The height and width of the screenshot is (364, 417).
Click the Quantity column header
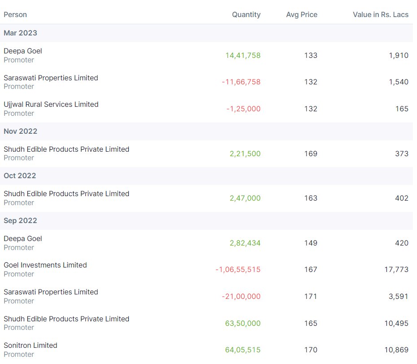pyautogui.click(x=246, y=15)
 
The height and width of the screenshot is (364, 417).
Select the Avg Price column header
pyautogui.click(x=302, y=15)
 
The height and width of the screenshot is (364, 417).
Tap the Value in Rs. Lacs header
pyautogui.click(x=381, y=15)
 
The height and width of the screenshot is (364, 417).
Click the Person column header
pyautogui.click(x=15, y=15)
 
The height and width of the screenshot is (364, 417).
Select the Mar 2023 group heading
pyautogui.click(x=20, y=33)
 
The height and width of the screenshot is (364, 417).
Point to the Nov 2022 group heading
pyautogui.click(x=20, y=132)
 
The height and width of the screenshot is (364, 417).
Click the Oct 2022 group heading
pyautogui.click(x=20, y=176)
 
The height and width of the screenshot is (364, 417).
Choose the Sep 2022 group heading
pyautogui.click(x=20, y=221)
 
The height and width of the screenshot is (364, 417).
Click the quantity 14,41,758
pyautogui.click(x=243, y=56)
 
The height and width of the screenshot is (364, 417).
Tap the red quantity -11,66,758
pyautogui.click(x=241, y=82)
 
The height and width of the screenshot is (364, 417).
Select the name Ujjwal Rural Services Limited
pyautogui.click(x=51, y=105)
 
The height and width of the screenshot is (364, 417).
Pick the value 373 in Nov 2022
pyautogui.click(x=402, y=154)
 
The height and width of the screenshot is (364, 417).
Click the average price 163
pyautogui.click(x=311, y=198)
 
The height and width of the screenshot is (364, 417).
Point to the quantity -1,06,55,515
pyautogui.click(x=238, y=270)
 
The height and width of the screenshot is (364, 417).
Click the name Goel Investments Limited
pyautogui.click(x=45, y=265)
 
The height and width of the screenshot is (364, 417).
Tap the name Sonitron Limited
pyautogui.click(x=31, y=346)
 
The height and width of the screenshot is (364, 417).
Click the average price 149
pyautogui.click(x=311, y=243)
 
